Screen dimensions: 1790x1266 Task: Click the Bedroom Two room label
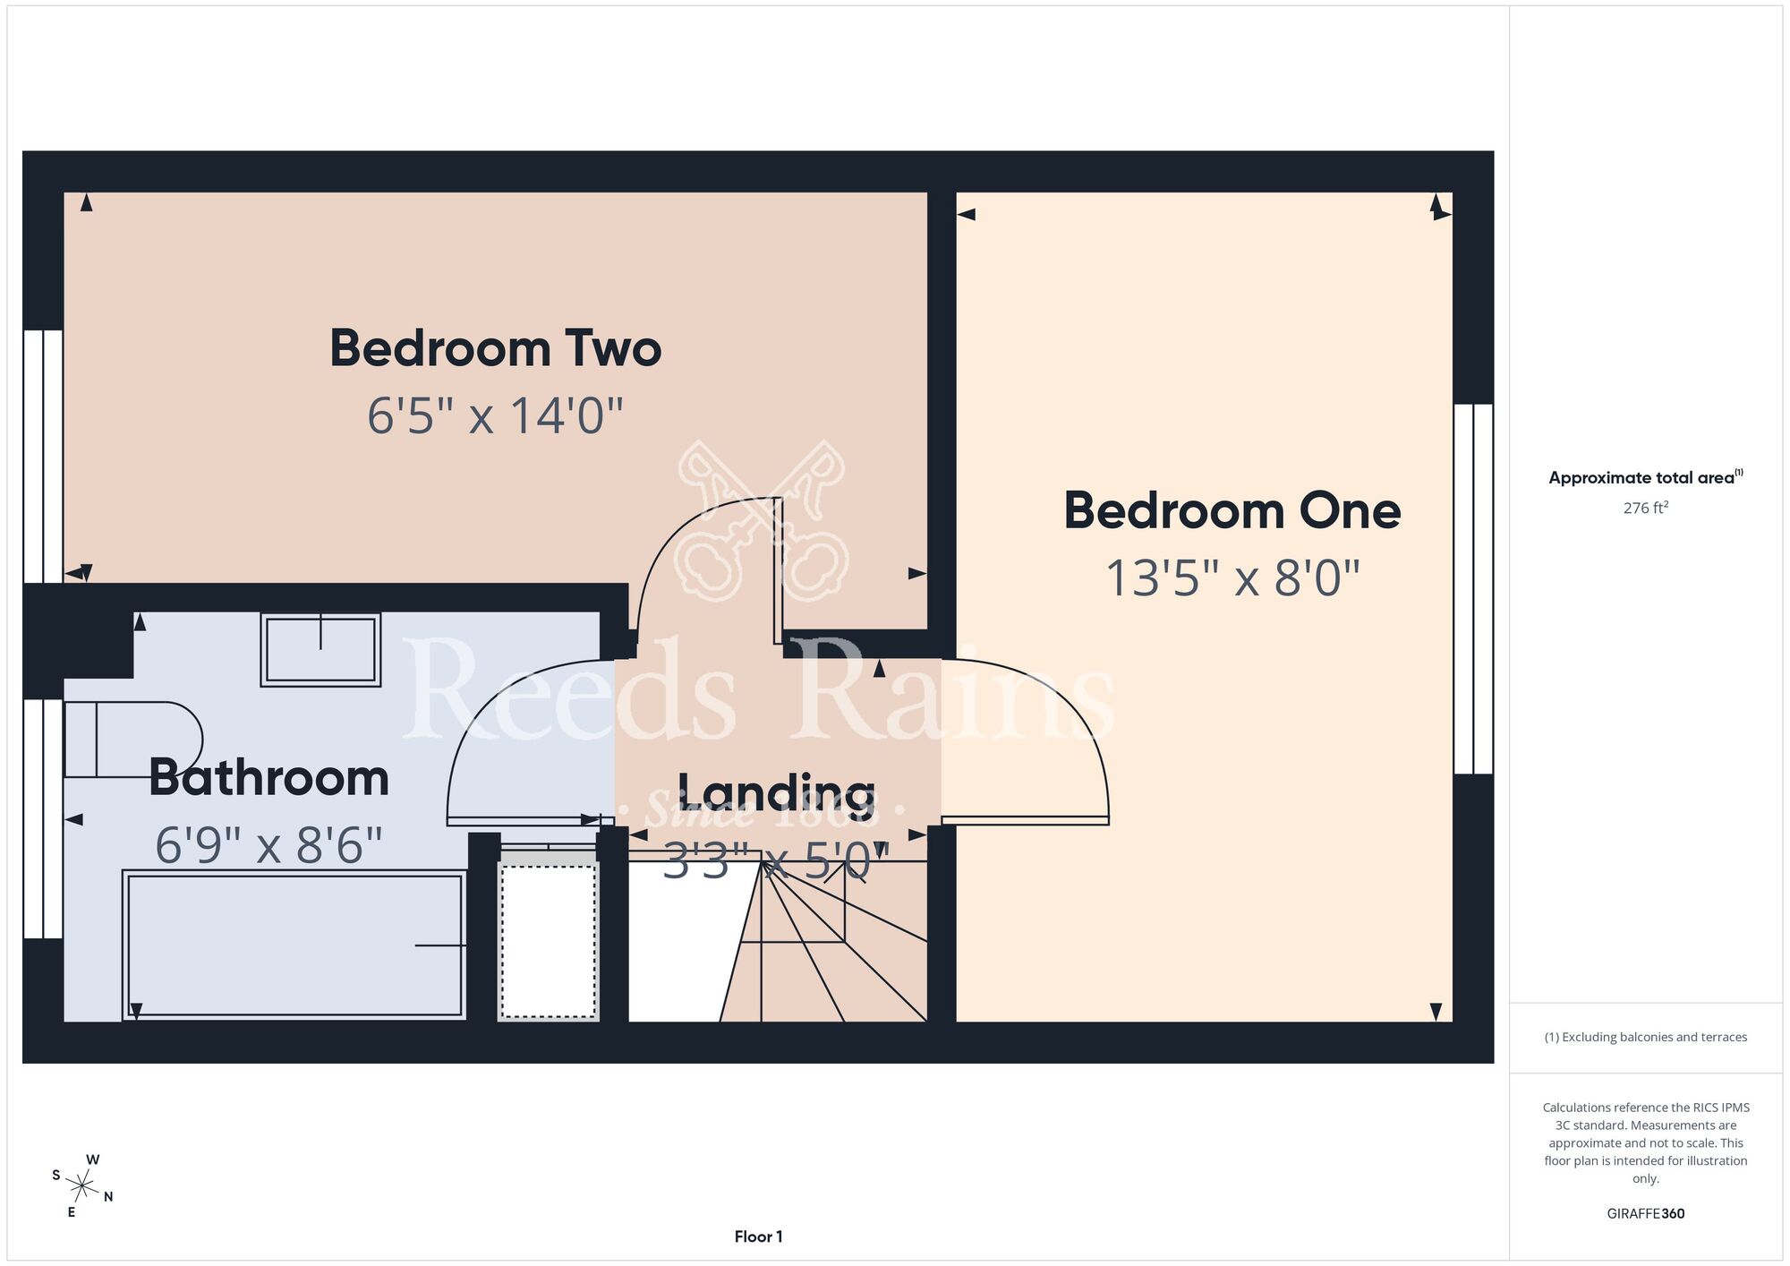click(x=496, y=348)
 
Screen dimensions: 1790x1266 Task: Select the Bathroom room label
click(x=268, y=777)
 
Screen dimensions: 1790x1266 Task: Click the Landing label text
click(x=776, y=792)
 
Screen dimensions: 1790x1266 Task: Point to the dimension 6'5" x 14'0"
click(x=495, y=416)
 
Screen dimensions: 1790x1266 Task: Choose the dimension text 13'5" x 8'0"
click(x=1232, y=577)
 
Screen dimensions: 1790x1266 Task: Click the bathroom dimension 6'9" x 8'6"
click(x=268, y=845)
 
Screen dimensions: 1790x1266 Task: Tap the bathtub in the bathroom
click(x=294, y=945)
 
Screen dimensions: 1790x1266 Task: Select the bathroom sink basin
click(x=320, y=650)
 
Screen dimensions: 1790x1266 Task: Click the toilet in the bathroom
click(x=134, y=740)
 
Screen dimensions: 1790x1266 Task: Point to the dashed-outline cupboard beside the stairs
click(x=548, y=937)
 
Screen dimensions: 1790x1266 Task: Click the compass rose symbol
click(x=82, y=1187)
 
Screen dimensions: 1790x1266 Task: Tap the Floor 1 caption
click(x=758, y=1236)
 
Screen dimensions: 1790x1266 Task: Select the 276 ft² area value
click(x=1646, y=508)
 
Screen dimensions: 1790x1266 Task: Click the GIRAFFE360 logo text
click(x=1646, y=1214)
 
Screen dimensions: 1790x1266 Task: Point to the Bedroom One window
click(x=1473, y=589)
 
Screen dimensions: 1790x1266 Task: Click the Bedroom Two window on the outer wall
click(x=43, y=457)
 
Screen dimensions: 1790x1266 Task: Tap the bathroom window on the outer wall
click(x=43, y=818)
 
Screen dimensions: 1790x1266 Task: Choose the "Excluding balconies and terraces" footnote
click(x=1646, y=1037)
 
